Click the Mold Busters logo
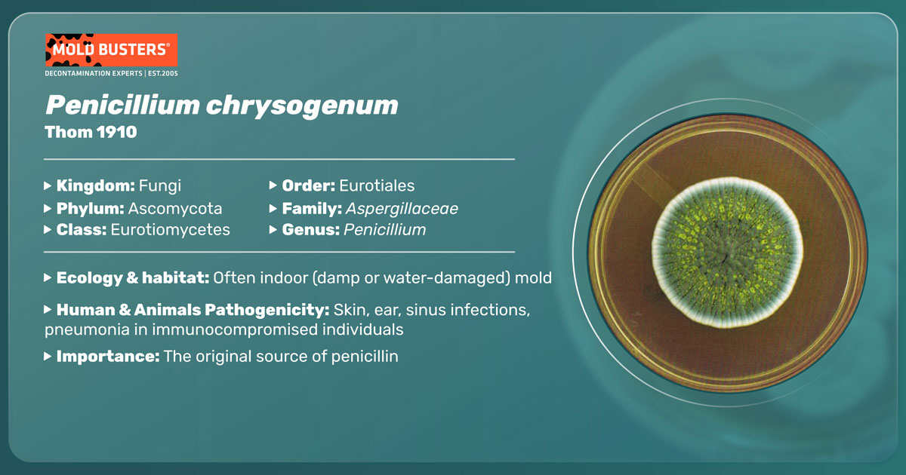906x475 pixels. pos(111,50)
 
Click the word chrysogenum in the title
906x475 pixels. pos(302,106)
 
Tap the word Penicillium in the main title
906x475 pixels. pos(122,105)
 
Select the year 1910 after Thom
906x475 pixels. pos(116,132)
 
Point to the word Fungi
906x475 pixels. pos(160,186)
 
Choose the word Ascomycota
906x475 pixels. pos(175,209)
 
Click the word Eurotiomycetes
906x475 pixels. pos(171,230)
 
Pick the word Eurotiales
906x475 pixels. pos(377,185)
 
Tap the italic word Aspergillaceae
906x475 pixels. pos(402,209)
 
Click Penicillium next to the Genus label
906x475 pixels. pos(384,230)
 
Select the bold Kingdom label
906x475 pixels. pos(95,185)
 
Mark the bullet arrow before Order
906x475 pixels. pos(273,185)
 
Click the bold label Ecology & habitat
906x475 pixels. pos(133,278)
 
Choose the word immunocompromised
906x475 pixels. pos(235,329)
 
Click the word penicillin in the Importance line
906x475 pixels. pos(365,357)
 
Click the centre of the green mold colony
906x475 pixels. pos(727,253)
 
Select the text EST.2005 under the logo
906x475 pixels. pos(162,74)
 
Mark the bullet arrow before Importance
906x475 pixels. pos(48,356)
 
